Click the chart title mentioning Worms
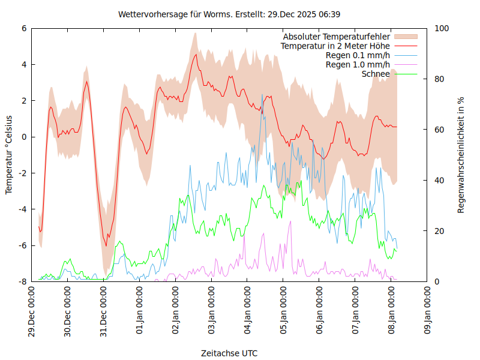229,14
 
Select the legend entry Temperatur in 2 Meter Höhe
335,46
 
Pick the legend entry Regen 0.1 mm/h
358,55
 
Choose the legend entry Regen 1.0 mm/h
358,64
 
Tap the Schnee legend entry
376,74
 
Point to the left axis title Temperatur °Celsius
9,154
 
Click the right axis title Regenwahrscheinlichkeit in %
461,154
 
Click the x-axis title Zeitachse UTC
229,353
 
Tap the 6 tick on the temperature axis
24,28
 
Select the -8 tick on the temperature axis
22,281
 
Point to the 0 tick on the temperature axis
24,137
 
